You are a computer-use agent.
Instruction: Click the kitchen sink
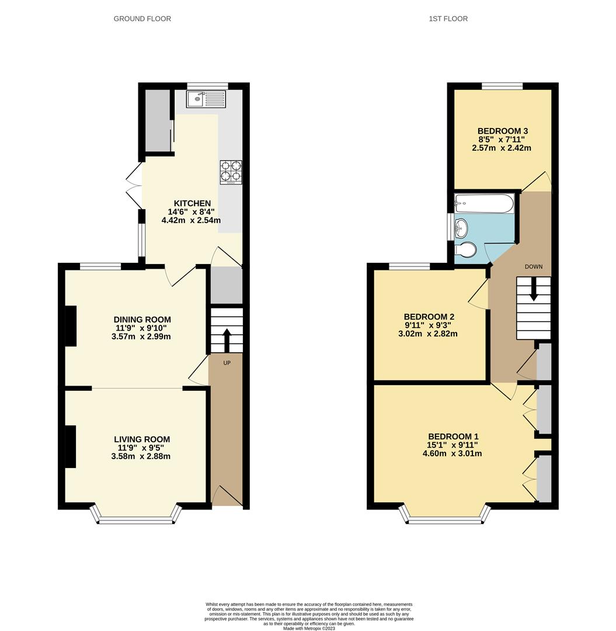pos(206,99)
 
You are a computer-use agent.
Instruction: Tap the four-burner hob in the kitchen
pos(231,172)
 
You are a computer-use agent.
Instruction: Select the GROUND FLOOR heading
pos(142,19)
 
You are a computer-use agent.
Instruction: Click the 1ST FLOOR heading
pos(448,19)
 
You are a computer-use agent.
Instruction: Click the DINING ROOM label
pos(142,320)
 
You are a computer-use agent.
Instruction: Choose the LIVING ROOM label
pos(142,439)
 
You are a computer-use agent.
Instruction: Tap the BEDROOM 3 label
pos(502,131)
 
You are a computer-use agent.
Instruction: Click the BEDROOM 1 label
pos(453,436)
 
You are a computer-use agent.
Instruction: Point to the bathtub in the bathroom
pos(484,204)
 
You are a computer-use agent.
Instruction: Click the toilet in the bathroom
pos(466,250)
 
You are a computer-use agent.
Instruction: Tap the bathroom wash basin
pos(461,226)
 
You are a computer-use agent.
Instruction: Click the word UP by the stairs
pos(227,363)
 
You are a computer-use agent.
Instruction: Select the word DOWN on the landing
pos(533,266)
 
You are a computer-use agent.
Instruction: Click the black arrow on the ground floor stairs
pos(227,340)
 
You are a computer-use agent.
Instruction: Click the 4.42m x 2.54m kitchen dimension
pos(191,221)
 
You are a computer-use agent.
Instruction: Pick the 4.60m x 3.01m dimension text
pos(453,453)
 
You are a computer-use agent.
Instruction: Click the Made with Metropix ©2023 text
pos(309,628)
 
